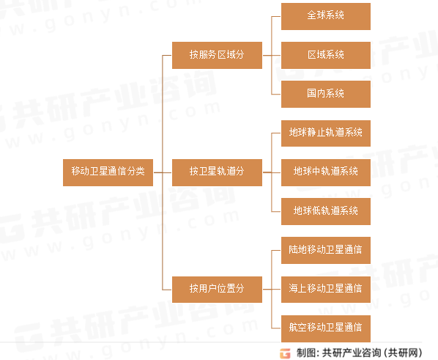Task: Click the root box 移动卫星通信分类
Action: pyautogui.click(x=108, y=172)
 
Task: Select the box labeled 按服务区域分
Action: pyautogui.click(x=217, y=56)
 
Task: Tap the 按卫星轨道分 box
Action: pyautogui.click(x=217, y=172)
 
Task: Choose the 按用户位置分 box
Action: pyautogui.click(x=217, y=290)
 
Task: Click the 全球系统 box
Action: pyautogui.click(x=326, y=17)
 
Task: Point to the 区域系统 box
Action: pyautogui.click(x=326, y=56)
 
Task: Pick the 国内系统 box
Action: pyautogui.click(x=326, y=95)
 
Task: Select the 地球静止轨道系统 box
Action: pyautogui.click(x=326, y=133)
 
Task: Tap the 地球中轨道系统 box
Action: pyautogui.click(x=326, y=172)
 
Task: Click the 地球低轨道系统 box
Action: pyautogui.click(x=326, y=211)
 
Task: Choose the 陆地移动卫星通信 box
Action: pyautogui.click(x=326, y=250)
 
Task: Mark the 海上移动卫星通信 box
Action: pyautogui.click(x=326, y=290)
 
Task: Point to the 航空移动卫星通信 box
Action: pyautogui.click(x=326, y=328)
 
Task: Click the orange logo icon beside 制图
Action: pyautogui.click(x=285, y=353)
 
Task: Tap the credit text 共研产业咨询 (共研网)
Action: pyautogui.click(x=372, y=353)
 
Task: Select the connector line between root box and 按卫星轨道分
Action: pyautogui.click(x=163, y=172)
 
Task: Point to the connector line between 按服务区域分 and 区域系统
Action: pyautogui.click(x=272, y=56)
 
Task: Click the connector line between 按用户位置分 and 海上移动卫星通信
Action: pyautogui.click(x=272, y=290)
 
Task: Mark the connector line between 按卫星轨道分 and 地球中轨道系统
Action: pyautogui.click(x=272, y=172)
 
